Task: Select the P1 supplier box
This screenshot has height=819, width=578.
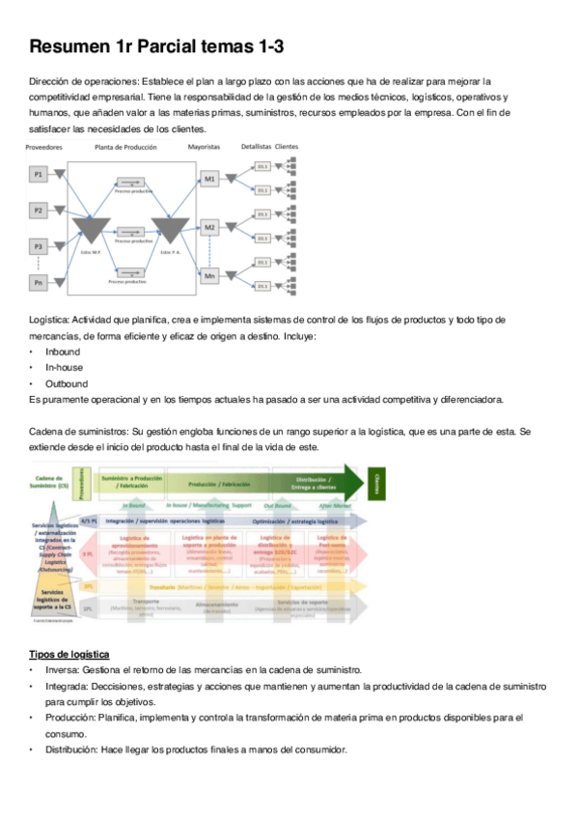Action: pyautogui.click(x=39, y=174)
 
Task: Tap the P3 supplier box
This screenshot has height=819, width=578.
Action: pyautogui.click(x=39, y=245)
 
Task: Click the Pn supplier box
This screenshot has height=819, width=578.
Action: pyautogui.click(x=39, y=282)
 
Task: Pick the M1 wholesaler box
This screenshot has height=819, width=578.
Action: pyautogui.click(x=209, y=180)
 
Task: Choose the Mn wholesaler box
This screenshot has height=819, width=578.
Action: pyautogui.click(x=209, y=276)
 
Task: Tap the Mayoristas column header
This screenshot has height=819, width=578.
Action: pyautogui.click(x=204, y=147)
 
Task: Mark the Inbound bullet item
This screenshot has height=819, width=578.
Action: pyautogui.click(x=63, y=352)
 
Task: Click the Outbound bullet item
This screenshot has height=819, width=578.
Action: pyautogui.click(x=67, y=383)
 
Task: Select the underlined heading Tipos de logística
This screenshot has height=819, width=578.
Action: pyautogui.click(x=69, y=655)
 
